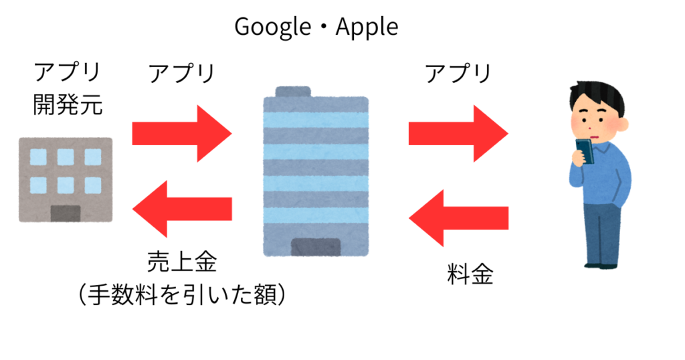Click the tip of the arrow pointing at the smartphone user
click(508, 132)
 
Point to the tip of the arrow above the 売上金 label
click(133, 209)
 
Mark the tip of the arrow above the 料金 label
click(409, 217)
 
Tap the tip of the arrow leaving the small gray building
click(231, 133)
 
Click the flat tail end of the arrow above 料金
click(508, 218)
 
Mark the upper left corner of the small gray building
click(19, 138)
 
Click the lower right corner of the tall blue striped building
click(369, 256)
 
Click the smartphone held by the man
click(585, 151)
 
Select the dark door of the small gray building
click(66, 213)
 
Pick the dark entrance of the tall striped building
click(316, 248)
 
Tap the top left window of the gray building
click(38, 157)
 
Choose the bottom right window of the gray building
click(93, 185)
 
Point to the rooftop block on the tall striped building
click(293, 92)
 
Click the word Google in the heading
click(273, 27)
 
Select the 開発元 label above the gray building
click(68, 104)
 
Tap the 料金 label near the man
click(470, 274)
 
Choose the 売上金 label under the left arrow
click(182, 262)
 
